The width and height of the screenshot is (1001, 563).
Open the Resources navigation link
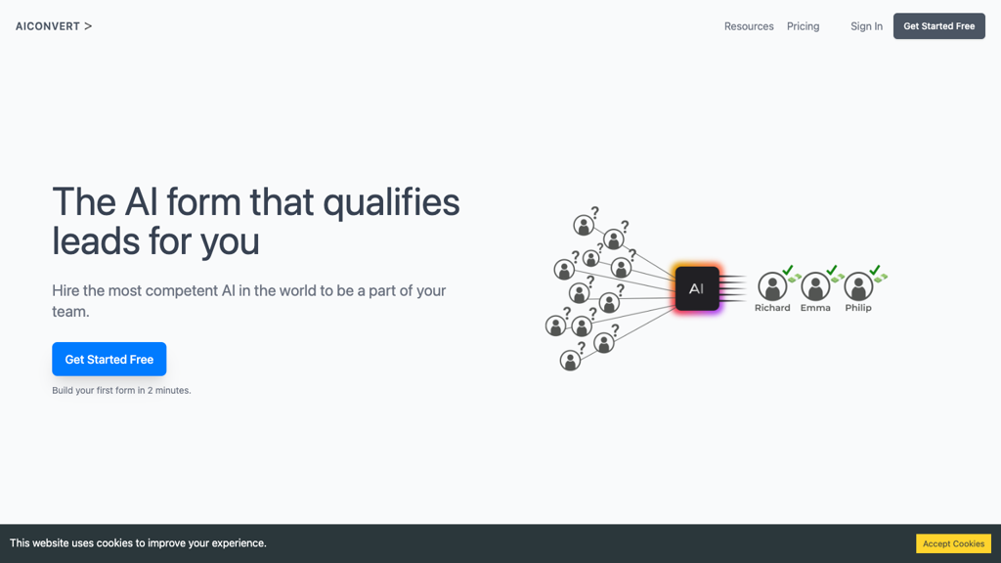point(748,26)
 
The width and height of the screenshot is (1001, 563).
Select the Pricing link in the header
point(803,26)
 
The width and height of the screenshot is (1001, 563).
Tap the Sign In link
point(866,26)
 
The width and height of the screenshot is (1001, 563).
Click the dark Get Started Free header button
point(938,26)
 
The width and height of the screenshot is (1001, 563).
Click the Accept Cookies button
point(953,543)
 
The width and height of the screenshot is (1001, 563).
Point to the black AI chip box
point(696,288)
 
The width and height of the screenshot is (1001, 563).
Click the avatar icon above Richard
point(772,286)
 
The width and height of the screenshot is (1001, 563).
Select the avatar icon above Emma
point(815,286)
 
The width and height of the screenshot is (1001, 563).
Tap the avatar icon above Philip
point(858,286)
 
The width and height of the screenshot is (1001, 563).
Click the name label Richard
point(772,308)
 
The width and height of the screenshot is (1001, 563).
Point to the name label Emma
point(815,308)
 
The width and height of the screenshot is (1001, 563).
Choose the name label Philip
point(858,308)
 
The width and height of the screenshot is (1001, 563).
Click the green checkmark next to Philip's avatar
point(875,270)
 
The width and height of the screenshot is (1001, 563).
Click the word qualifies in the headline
point(391,203)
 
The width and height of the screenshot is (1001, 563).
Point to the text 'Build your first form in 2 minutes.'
point(121,390)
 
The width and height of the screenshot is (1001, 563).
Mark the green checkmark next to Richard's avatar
point(788,270)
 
